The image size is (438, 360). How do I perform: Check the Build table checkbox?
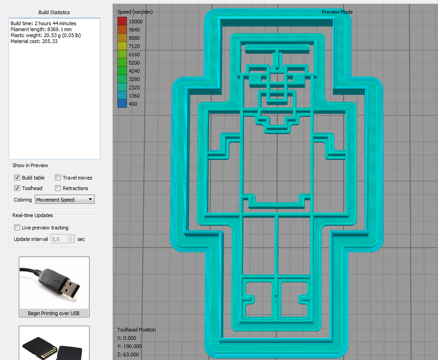[x=17, y=178]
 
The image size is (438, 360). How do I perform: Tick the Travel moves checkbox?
[x=58, y=178]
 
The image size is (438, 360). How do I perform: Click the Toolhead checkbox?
[x=17, y=188]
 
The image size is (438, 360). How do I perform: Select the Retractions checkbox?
[x=58, y=188]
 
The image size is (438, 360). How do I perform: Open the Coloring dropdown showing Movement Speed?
[x=65, y=200]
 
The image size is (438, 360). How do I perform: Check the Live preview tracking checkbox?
[x=17, y=228]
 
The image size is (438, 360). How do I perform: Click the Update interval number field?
[x=59, y=239]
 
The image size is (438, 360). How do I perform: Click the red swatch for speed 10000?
[x=122, y=21]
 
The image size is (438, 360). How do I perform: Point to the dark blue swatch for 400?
[x=122, y=104]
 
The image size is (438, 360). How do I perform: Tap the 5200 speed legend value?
[x=134, y=63]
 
